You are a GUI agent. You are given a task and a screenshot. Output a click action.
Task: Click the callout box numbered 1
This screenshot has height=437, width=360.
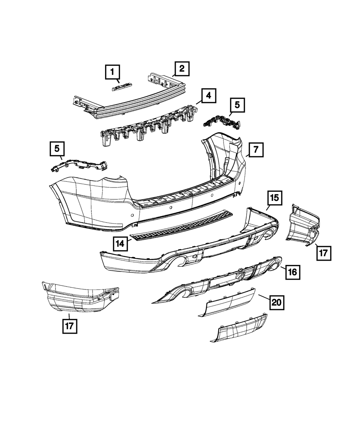[112, 72]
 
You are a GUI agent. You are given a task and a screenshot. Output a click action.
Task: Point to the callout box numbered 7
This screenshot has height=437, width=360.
[256, 149]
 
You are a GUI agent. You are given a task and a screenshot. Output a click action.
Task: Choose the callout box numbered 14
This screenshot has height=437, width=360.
[120, 244]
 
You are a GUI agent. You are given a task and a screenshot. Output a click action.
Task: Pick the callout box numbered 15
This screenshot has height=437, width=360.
[274, 198]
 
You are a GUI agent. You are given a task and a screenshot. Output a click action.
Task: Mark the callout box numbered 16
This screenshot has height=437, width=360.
[292, 272]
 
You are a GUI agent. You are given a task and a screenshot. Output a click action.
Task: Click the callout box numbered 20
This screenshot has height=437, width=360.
[276, 303]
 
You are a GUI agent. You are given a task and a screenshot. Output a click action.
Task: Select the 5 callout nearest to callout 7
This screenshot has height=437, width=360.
[237, 105]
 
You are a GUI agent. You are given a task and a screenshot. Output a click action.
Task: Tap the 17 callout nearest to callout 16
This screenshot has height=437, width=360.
[323, 253]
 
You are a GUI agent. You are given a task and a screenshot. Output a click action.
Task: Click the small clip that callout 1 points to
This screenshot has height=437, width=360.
[121, 87]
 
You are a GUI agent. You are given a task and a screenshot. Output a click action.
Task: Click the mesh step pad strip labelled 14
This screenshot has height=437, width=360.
[180, 227]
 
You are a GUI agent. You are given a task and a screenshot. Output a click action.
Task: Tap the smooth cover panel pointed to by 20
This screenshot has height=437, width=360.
[229, 303]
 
